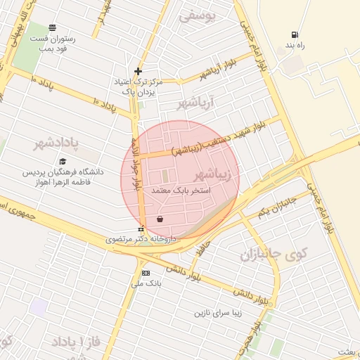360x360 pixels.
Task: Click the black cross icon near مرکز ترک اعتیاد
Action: tap(139, 71)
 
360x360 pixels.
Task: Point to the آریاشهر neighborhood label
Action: tap(194, 104)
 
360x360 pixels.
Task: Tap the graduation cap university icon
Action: tap(63, 162)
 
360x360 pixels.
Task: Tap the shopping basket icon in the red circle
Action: tap(160, 219)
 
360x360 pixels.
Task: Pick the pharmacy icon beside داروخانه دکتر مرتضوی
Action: tap(141, 229)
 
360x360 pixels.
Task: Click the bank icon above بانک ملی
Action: tap(146, 273)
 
